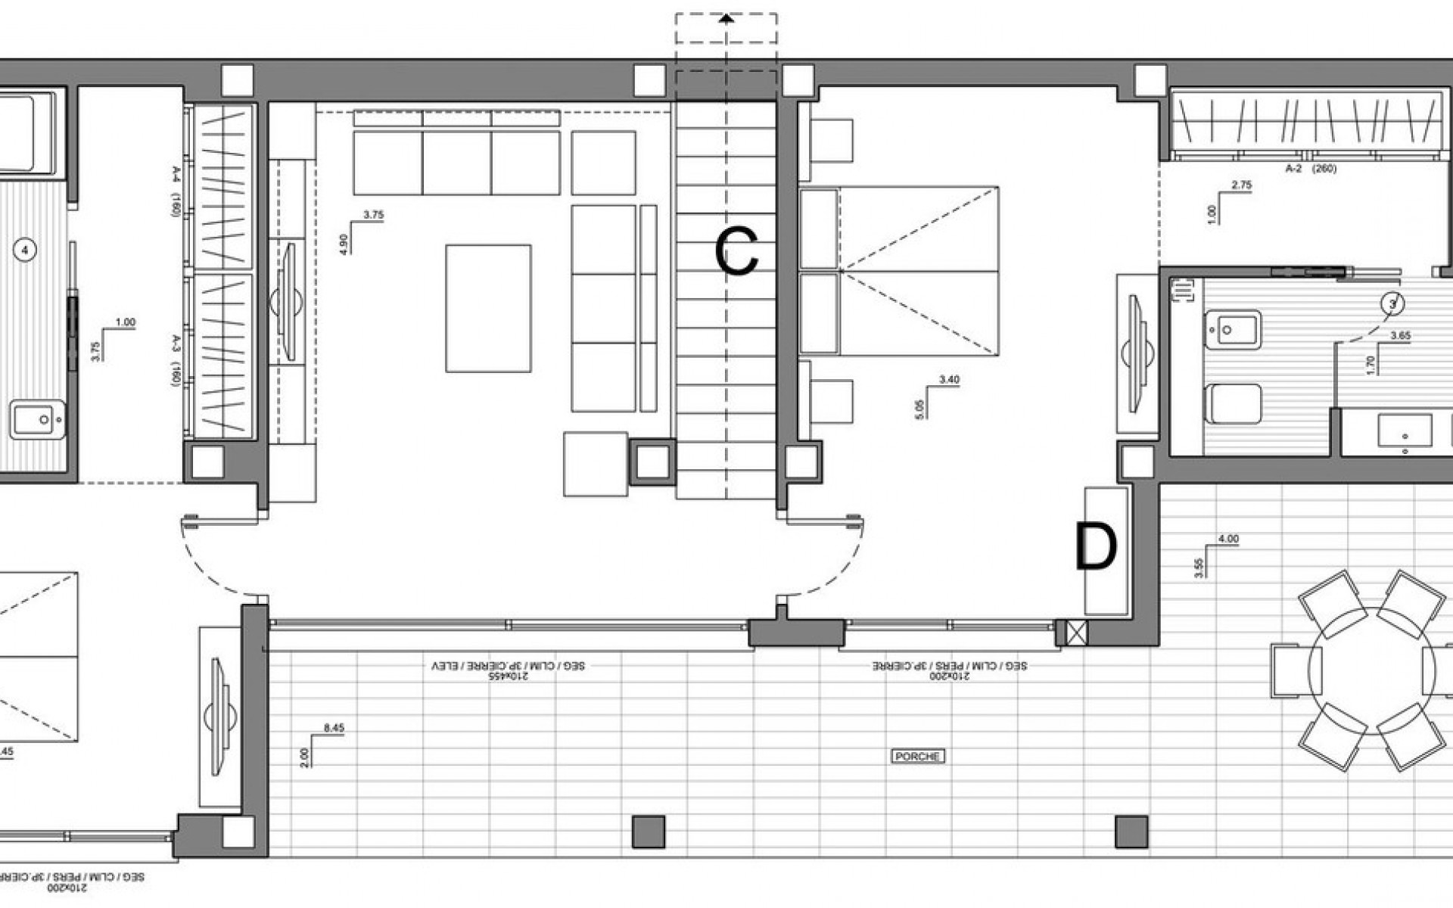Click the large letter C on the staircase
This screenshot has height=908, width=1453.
pos(736,253)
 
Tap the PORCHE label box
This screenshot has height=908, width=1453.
pos(917,756)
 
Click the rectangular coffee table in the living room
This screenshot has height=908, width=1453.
pos(488,308)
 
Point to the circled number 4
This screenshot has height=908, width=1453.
pos(26,250)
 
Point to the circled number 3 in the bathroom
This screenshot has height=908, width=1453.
pos(1392,303)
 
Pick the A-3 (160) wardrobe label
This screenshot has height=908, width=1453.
pos(175,360)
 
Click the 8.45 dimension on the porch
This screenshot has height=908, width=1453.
pos(333,728)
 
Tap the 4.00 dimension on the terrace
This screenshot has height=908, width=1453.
pos(1227,540)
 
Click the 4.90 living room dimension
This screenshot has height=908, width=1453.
pos(345,244)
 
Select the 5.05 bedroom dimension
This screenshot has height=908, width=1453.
pos(920,409)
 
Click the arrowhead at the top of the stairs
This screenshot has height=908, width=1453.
pos(726,19)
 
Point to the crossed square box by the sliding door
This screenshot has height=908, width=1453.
pos(1076,632)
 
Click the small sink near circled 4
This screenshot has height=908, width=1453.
pos(36,419)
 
